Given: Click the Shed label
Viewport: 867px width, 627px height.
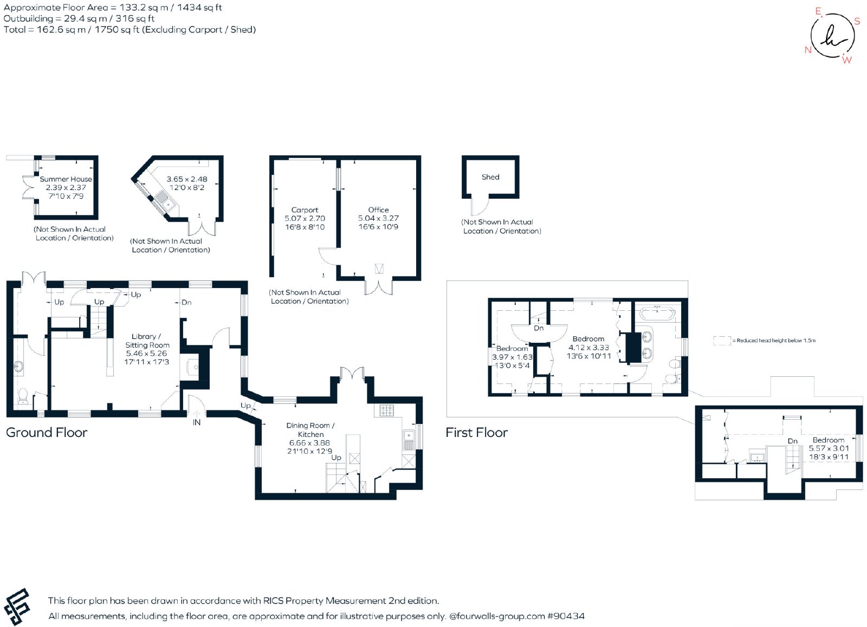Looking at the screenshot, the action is (x=490, y=177).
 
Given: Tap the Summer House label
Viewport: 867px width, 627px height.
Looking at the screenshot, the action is (x=66, y=179).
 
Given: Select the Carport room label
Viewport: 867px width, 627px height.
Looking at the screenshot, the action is (x=305, y=210).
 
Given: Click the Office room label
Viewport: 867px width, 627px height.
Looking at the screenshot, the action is (x=379, y=210).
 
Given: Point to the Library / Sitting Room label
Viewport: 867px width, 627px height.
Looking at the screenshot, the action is (x=147, y=341).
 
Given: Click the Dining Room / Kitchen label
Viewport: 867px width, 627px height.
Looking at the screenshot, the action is (x=310, y=430).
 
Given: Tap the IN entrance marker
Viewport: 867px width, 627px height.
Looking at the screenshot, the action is (x=197, y=422).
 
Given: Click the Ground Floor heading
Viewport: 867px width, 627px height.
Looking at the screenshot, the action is (x=47, y=432).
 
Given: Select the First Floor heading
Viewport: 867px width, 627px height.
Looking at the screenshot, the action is (x=476, y=432).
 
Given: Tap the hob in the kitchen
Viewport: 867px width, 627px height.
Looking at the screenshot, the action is (x=386, y=410).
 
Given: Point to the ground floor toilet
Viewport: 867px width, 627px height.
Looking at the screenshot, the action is (x=23, y=396).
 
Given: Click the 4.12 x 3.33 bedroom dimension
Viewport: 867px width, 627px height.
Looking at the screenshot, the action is (x=588, y=348).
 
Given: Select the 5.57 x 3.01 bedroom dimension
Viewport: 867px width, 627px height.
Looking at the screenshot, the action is (x=829, y=448).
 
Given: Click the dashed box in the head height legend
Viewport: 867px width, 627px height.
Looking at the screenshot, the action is (x=722, y=341).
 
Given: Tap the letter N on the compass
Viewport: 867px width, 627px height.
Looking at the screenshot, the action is (x=808, y=50).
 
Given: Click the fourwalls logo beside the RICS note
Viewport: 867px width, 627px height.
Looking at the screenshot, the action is (x=17, y=606).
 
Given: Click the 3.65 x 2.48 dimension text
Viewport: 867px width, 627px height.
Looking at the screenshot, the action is (x=187, y=179).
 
